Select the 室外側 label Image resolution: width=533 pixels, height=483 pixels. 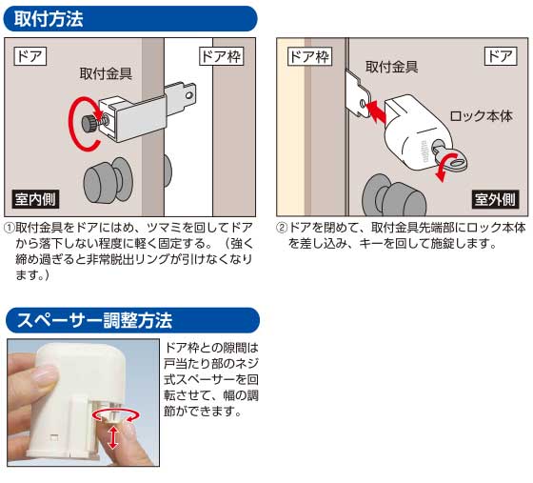(x=495, y=201)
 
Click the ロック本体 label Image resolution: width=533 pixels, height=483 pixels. (x=480, y=116)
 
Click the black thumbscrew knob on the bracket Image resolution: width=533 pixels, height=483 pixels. (x=89, y=121)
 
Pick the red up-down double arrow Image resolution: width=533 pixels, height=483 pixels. (x=113, y=437)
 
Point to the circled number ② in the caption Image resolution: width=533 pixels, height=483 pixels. (x=282, y=229)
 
